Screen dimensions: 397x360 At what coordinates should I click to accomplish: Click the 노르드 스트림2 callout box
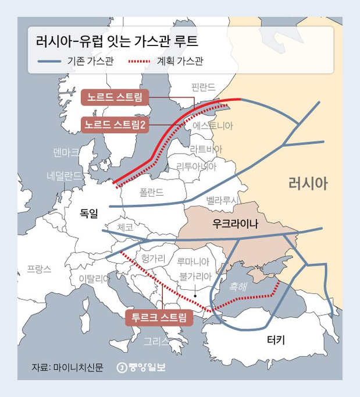click(115, 124)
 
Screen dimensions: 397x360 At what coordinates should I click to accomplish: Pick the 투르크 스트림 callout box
click(159, 317)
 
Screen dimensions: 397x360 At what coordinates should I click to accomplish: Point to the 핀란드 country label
click(203, 87)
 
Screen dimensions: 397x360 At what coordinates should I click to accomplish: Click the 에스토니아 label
click(213, 126)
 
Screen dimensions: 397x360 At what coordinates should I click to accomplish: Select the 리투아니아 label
click(197, 166)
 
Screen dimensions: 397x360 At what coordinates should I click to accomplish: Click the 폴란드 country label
click(152, 192)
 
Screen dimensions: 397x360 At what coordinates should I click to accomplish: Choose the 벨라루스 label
click(222, 200)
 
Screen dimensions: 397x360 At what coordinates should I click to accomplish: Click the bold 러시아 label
click(308, 184)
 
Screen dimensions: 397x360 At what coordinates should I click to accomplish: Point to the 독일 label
click(90, 214)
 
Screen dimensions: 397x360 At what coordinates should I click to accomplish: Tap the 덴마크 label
click(66, 153)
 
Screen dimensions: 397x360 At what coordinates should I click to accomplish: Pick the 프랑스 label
click(39, 269)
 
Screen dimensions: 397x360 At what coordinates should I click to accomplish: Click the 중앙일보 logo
click(141, 367)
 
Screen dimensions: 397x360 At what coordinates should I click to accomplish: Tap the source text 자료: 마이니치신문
click(67, 367)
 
